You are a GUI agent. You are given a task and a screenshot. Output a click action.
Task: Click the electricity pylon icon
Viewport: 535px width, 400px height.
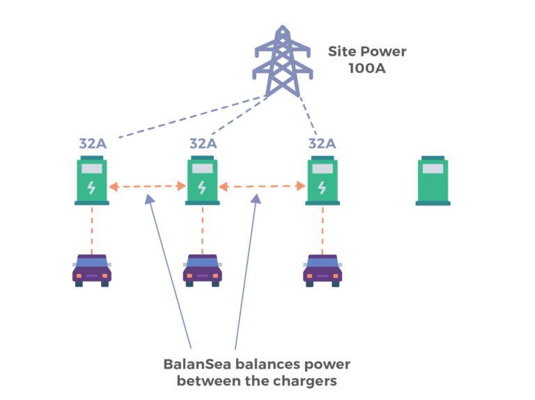282,63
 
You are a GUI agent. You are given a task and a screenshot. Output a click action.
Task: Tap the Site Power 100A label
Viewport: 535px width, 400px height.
367,60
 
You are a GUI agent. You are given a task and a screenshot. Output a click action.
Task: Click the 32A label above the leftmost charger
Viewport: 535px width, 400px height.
93,144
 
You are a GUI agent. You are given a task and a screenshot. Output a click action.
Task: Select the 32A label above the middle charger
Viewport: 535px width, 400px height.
203,144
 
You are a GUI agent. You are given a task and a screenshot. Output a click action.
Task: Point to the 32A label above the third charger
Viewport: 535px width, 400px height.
322,144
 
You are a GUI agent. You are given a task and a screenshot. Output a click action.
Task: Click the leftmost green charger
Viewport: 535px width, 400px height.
92,181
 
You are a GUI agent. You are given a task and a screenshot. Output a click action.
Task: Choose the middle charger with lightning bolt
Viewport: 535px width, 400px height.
202,181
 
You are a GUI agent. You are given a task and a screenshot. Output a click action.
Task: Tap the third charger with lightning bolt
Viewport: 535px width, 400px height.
323,181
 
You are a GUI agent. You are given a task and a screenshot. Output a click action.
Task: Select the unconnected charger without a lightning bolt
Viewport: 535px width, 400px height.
433,181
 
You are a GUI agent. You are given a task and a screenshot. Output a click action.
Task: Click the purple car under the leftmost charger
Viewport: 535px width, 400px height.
92,270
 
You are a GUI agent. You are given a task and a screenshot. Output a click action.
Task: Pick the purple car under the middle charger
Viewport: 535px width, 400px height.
203,270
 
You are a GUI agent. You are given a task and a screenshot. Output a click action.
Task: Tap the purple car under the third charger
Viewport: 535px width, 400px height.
323,270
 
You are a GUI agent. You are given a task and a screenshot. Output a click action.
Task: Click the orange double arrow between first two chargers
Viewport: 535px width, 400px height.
147,186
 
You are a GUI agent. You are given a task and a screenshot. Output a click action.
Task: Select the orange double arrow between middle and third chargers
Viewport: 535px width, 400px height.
262,186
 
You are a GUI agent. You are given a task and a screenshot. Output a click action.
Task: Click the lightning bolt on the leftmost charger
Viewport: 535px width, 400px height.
91,187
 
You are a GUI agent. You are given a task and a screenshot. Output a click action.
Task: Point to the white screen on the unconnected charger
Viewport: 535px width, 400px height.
433,169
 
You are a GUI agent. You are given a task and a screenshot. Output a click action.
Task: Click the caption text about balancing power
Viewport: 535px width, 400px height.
257,373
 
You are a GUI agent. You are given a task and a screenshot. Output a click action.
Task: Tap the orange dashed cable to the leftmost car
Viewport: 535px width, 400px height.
92,230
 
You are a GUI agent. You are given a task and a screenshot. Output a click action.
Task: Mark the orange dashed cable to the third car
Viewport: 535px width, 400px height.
323,230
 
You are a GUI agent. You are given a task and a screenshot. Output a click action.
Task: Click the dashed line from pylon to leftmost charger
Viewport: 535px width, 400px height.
188,117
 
